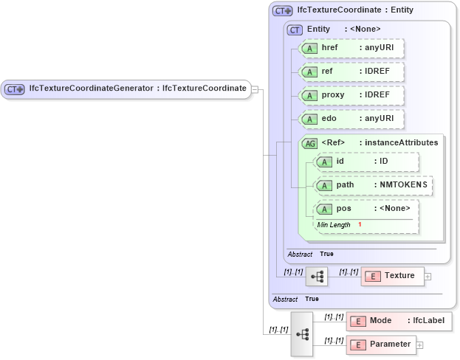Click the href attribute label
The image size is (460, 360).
tap(330, 48)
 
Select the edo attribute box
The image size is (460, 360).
tap(350, 118)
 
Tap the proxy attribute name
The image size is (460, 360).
tap(333, 95)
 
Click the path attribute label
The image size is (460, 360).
tap(345, 184)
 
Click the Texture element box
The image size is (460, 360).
tap(392, 276)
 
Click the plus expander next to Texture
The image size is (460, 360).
tap(428, 277)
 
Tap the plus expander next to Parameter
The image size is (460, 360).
tap(420, 345)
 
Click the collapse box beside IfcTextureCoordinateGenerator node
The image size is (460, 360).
tap(254, 89)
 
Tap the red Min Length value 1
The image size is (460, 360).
tap(360, 224)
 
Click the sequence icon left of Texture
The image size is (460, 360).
tap(317, 277)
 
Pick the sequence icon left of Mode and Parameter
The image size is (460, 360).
tap(302, 333)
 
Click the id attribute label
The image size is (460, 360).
tap(340, 162)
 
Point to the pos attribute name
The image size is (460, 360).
tap(343, 208)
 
